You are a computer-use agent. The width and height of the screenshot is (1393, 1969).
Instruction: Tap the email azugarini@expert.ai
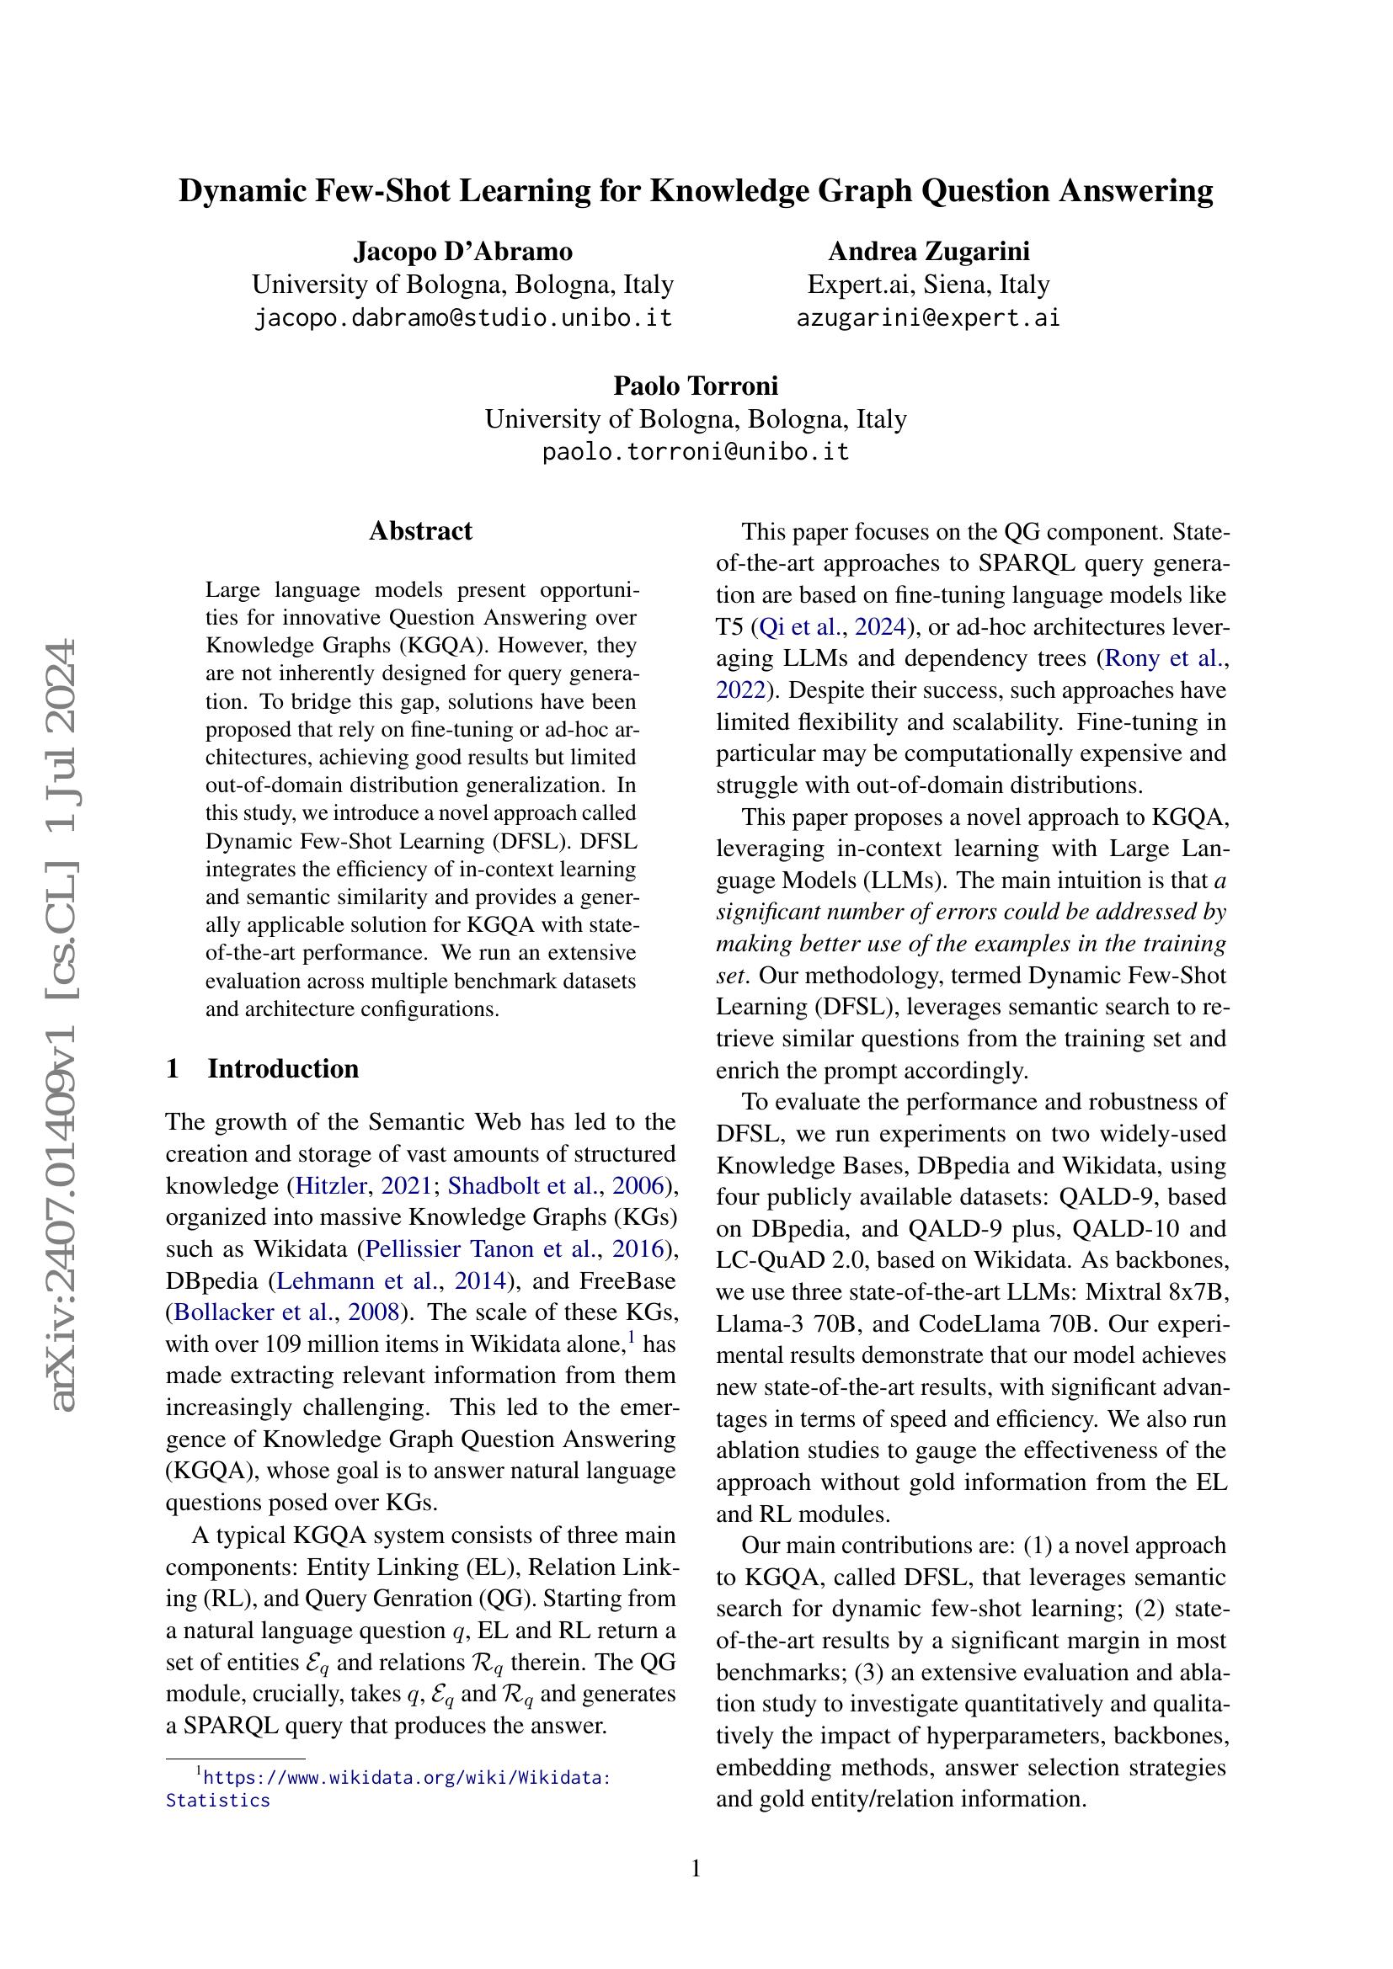coord(928,318)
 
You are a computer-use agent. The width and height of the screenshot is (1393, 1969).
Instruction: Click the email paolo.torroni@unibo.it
coord(696,452)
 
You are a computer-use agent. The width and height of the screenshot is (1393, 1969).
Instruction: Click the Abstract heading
coord(420,531)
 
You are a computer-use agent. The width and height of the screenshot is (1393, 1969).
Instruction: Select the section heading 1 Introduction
coord(263,1068)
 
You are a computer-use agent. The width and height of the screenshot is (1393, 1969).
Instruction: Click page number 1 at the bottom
coord(696,1869)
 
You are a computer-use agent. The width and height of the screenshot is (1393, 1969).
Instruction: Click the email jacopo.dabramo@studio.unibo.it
coord(463,318)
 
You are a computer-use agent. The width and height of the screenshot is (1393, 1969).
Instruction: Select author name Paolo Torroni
coord(696,386)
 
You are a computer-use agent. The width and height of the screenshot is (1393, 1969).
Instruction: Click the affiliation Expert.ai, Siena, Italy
coord(928,285)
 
